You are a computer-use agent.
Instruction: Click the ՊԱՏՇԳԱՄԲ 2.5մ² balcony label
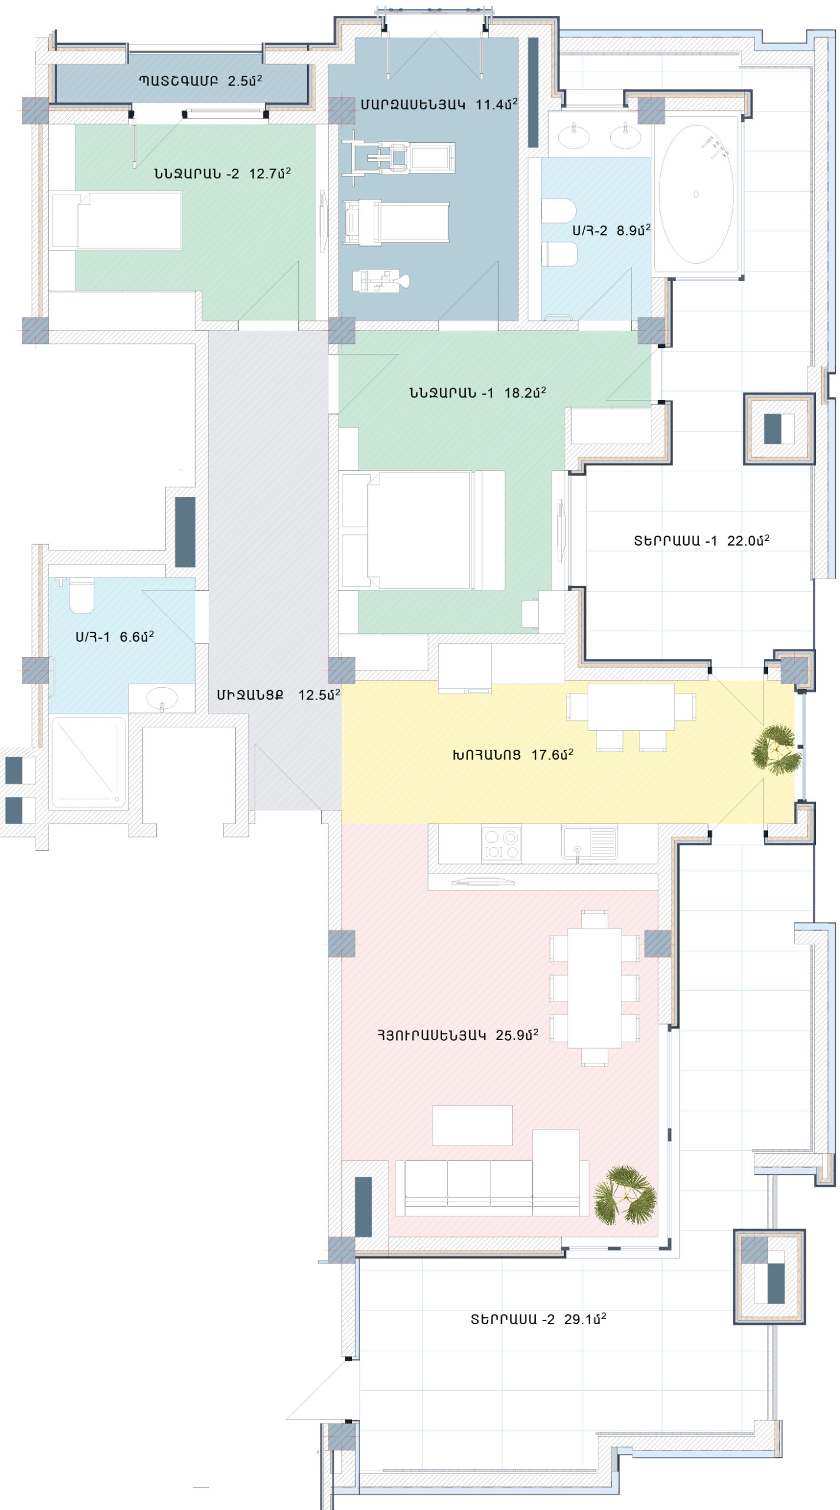point(200,80)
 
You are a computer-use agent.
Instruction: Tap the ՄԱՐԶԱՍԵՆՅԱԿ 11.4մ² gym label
point(439,104)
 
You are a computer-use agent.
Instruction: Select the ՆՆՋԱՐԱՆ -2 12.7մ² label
point(223,173)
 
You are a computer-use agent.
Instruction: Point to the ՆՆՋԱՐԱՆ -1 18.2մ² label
point(477,393)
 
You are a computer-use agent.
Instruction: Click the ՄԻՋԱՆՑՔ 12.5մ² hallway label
point(278,695)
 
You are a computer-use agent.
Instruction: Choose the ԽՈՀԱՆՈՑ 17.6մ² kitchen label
point(513,754)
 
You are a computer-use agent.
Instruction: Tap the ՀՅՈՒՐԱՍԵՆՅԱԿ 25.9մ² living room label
point(458,1035)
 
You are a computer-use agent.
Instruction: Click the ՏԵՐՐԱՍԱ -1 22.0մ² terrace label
point(701,540)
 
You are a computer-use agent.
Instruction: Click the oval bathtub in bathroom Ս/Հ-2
point(696,194)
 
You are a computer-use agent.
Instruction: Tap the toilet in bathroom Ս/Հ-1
point(82,596)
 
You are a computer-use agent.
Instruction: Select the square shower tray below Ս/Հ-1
point(88,761)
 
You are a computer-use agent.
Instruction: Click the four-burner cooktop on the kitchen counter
point(501,843)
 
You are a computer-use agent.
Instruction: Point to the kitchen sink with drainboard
point(589,842)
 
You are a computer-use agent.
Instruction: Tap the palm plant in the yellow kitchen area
point(776,749)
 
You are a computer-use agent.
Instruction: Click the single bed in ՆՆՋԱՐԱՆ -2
point(116,221)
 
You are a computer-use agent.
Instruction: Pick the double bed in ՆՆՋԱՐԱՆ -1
point(422,530)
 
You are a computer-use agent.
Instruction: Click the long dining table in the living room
point(594,989)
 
